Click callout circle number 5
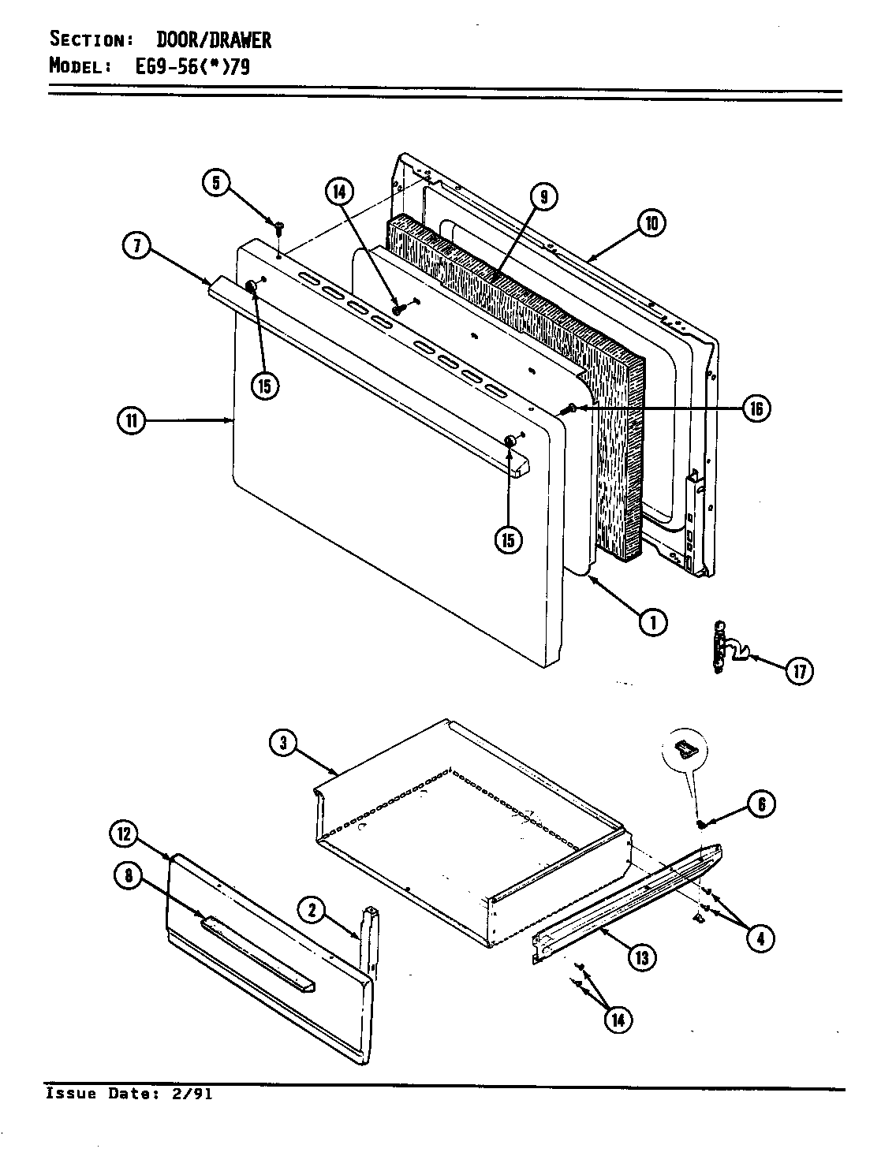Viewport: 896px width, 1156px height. point(216,184)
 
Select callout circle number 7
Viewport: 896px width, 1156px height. point(137,246)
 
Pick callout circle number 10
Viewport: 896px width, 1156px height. point(651,223)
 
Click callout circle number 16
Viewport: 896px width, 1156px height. point(756,408)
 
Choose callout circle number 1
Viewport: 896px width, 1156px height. point(653,623)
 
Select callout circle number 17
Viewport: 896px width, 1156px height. point(799,671)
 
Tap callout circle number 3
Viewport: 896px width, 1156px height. point(282,742)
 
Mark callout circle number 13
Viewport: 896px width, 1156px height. point(641,957)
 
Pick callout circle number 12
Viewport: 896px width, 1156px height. point(125,833)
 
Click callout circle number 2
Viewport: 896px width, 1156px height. point(312,912)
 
